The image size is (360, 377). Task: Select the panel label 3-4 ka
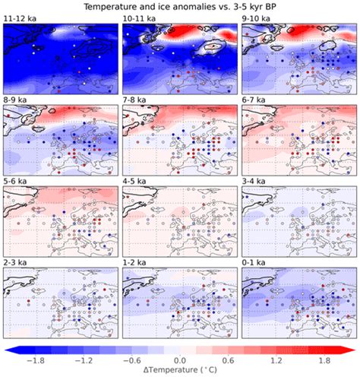coord(256,182)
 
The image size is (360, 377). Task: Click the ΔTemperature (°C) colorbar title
coord(180,371)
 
